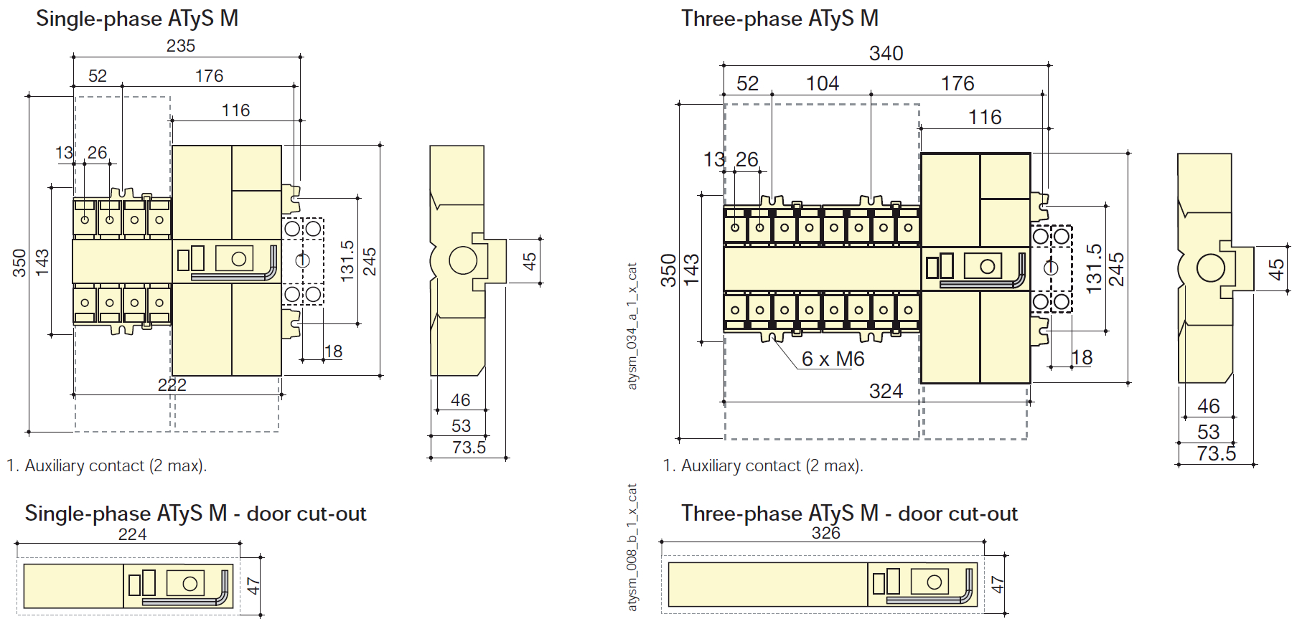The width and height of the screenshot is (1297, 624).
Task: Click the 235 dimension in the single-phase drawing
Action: (x=181, y=46)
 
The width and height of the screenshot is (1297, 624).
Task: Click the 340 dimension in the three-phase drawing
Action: (x=886, y=54)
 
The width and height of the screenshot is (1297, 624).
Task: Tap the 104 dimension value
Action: (x=823, y=84)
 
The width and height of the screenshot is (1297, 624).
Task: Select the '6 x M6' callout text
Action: (x=833, y=359)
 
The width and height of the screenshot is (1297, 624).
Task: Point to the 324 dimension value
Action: (x=886, y=391)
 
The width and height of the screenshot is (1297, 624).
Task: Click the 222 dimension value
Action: (x=172, y=385)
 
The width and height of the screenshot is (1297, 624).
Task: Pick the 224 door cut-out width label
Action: (x=132, y=534)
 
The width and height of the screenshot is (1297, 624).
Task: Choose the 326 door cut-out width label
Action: (x=826, y=533)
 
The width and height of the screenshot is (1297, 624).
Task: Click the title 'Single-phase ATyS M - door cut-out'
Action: (x=195, y=514)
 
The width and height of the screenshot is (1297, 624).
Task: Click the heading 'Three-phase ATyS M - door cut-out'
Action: (x=849, y=514)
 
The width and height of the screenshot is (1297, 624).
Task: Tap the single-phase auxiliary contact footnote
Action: (x=106, y=466)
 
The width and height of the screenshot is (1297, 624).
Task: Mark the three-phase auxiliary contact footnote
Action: (x=762, y=466)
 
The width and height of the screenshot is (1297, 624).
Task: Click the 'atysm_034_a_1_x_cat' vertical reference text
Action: (x=632, y=326)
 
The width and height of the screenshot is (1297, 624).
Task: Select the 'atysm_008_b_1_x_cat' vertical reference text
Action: (x=632, y=547)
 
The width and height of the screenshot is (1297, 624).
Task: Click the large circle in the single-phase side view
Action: (x=463, y=260)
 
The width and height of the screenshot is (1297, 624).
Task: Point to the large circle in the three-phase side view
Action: (x=1211, y=269)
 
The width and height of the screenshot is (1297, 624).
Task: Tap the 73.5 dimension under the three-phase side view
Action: (x=1217, y=454)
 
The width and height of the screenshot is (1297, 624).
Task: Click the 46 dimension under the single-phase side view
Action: (x=461, y=400)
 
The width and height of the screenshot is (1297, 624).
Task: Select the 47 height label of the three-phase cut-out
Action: (x=998, y=585)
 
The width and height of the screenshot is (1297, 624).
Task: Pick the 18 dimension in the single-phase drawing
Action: (x=334, y=351)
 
